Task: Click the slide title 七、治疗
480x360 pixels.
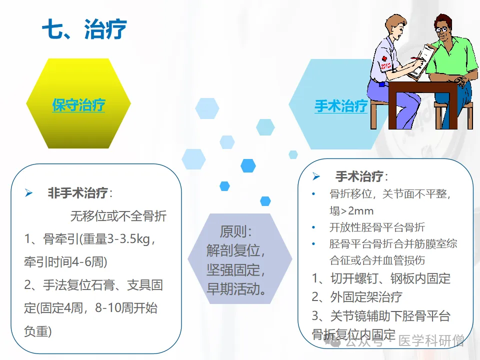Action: pos(84,29)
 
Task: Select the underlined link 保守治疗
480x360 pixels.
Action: pos(78,105)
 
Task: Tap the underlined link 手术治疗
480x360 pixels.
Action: pos(341,106)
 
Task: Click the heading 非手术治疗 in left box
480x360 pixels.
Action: pos(77,193)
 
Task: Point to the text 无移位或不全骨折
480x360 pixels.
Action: pos(118,216)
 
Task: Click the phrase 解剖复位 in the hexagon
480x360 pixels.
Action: pos(233,250)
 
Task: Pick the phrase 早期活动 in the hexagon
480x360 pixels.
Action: pos(233,288)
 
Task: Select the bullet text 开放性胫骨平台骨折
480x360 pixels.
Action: pos(377,227)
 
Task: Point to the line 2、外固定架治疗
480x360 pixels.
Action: pos(357,296)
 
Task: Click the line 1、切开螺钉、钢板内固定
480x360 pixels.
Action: pos(381,278)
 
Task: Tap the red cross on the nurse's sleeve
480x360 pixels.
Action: pos(384,58)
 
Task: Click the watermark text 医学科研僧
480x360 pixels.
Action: pos(431,340)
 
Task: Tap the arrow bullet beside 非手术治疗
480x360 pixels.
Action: pos(29,193)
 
